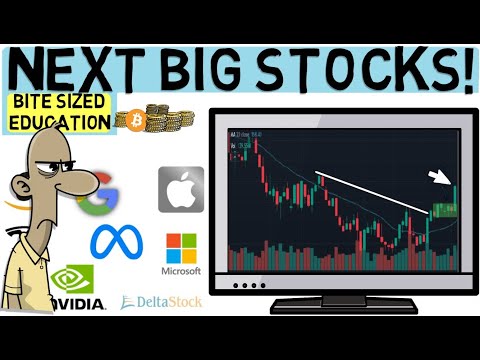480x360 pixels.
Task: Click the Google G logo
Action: [101, 194]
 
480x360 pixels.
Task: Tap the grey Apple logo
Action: [181, 187]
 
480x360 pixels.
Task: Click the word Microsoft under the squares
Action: [181, 271]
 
